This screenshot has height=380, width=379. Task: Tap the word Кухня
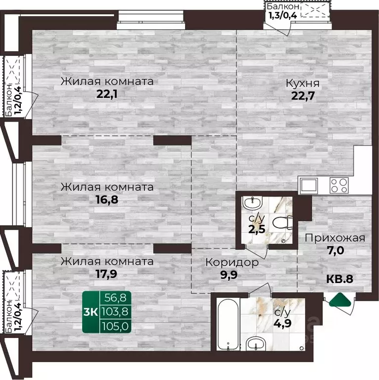tap(303, 83)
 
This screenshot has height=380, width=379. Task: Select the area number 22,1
tap(107, 94)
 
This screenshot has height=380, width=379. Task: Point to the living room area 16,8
tap(107, 200)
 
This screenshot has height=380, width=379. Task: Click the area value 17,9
tap(107, 273)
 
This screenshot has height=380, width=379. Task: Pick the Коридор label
tap(232, 263)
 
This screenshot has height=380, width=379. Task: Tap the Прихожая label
tap(335, 238)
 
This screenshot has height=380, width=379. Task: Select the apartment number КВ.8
tap(339, 279)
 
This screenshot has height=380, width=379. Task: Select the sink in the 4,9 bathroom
tap(255, 343)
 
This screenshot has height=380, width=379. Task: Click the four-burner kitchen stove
tap(339, 186)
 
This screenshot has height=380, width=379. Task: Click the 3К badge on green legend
tap(93, 312)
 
